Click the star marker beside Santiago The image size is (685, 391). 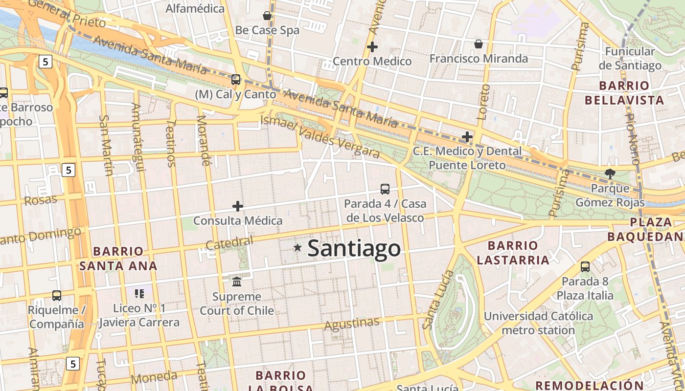click(x=297, y=248)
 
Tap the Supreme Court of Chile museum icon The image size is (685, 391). click(x=237, y=282)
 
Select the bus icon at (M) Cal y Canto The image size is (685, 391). click(x=236, y=79)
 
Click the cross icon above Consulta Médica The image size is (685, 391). click(x=238, y=206)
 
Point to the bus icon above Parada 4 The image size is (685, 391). click(x=385, y=189)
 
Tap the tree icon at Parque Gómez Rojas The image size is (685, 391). click(x=610, y=173)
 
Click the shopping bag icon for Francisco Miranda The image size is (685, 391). click(x=479, y=44)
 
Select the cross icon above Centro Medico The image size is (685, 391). click(x=372, y=47)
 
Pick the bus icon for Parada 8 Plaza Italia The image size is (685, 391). click(x=585, y=266)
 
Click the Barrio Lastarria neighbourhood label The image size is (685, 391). click(x=513, y=253)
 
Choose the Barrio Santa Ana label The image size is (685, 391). click(x=118, y=259)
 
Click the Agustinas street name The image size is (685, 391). click(x=352, y=324)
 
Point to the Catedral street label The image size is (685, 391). click(x=229, y=242)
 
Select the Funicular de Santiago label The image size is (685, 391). click(x=630, y=58)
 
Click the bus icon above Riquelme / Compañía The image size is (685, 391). click(x=57, y=295)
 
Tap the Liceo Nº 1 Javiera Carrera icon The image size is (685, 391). click(x=139, y=293)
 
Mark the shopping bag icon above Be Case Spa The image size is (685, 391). click(x=267, y=16)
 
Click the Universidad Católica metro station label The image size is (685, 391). click(x=538, y=323)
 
